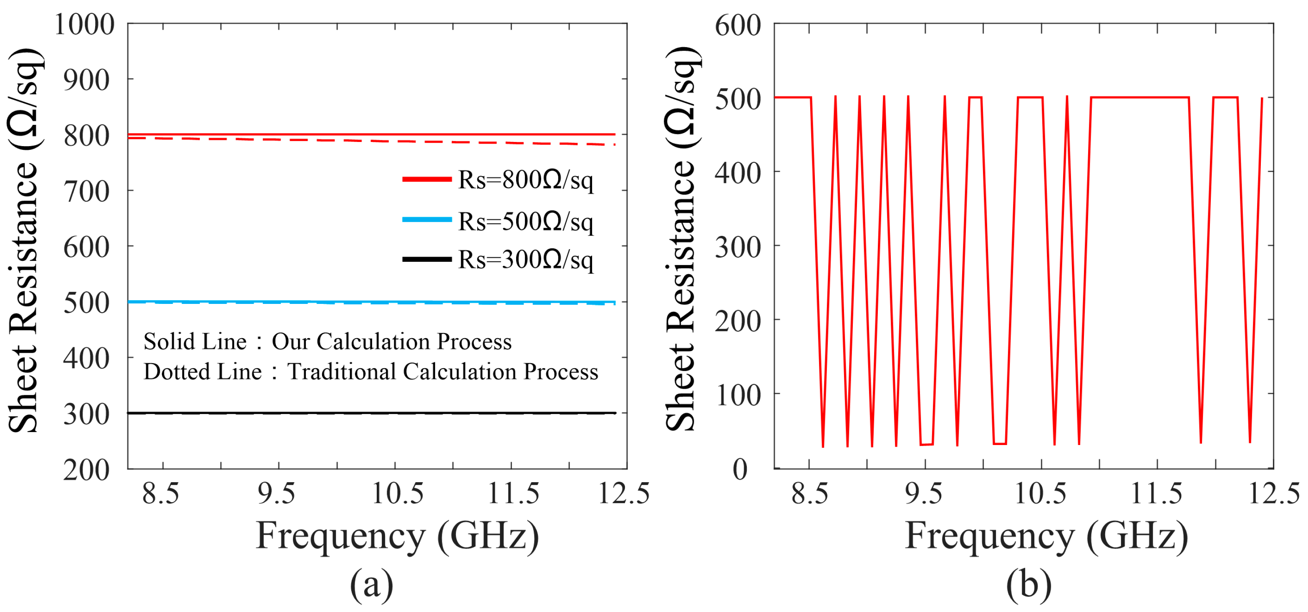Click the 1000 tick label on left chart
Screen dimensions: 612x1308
[84, 24]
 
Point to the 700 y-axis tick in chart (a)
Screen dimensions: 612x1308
[86, 192]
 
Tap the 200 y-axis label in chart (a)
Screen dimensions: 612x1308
[86, 470]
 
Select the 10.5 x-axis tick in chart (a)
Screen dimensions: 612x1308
[397, 493]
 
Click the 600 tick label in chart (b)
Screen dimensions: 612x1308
[737, 25]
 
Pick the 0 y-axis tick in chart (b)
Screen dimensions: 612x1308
[740, 469]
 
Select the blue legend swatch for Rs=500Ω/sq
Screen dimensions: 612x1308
[426, 220]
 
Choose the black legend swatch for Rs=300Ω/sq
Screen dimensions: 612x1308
[426, 259]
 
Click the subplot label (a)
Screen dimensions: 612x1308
[371, 584]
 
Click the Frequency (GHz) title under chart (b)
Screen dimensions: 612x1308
[1046, 536]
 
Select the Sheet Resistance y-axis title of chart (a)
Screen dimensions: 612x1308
[23, 241]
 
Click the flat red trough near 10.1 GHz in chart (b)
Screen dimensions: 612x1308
[999, 444]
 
